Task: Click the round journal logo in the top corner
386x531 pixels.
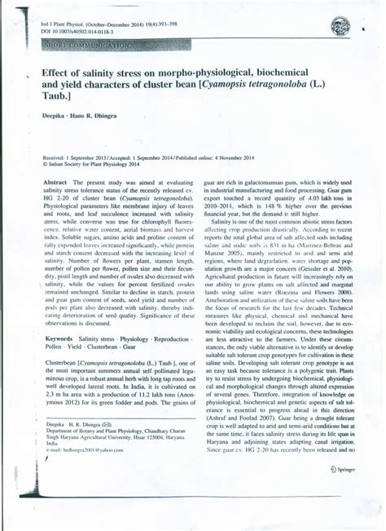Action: [338, 28]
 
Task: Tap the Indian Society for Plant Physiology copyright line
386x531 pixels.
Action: [98, 163]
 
